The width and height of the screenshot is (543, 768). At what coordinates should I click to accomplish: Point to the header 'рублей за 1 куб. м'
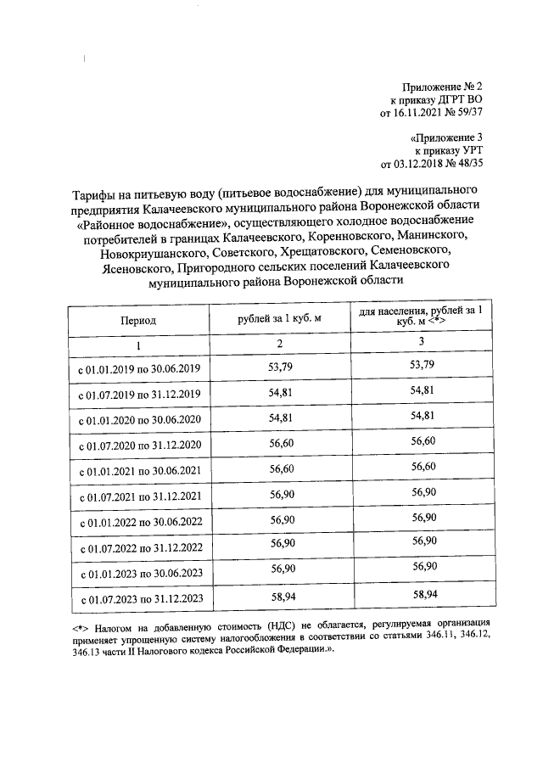[x=280, y=317]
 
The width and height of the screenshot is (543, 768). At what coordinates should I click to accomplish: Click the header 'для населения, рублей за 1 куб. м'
[x=422, y=317]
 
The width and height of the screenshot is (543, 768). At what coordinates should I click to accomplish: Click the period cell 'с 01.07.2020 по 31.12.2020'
[x=139, y=446]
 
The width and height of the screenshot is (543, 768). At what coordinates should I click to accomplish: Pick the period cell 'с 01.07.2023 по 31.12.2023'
[x=139, y=599]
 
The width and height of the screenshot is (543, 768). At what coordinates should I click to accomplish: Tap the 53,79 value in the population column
[x=422, y=365]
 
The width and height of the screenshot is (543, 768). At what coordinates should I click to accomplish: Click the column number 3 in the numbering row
[x=422, y=341]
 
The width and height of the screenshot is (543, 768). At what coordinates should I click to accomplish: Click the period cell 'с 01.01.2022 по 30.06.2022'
[x=139, y=523]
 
